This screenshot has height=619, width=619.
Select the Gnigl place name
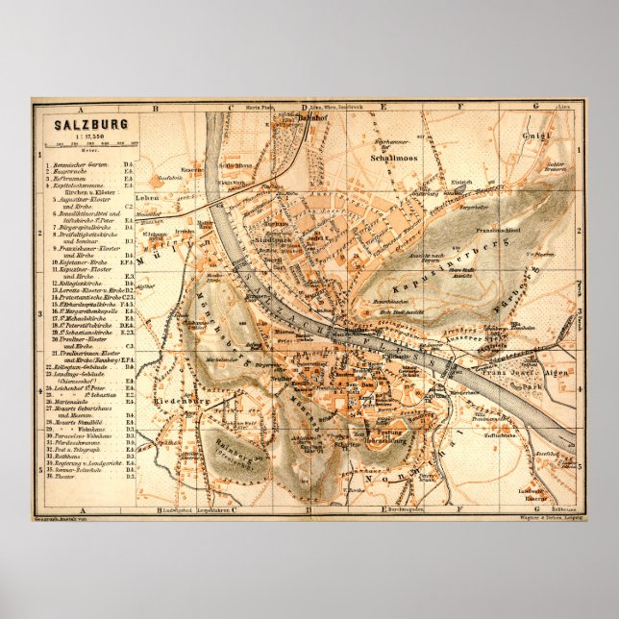click(535, 136)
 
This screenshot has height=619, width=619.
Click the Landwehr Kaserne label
click(534, 496)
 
